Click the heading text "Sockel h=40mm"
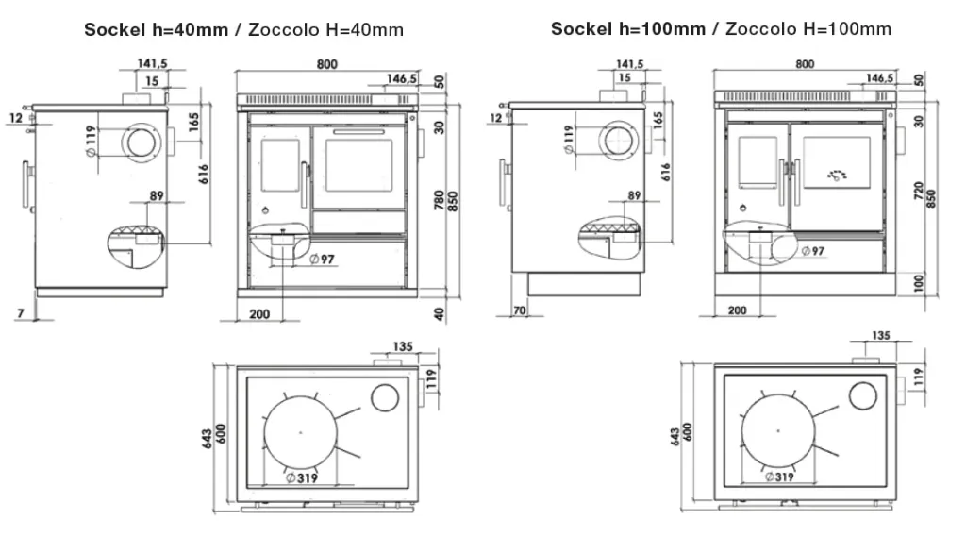pos(156,29)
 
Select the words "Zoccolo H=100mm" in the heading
pos(808,29)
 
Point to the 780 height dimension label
pos(440,200)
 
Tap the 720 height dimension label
pos(919,191)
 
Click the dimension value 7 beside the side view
pos(21,313)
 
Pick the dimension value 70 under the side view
pos(520,310)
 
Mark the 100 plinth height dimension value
pos(919,283)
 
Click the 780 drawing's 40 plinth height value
pos(440,313)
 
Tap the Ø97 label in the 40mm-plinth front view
pos(322,260)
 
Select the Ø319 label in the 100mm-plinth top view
pos(779,477)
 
